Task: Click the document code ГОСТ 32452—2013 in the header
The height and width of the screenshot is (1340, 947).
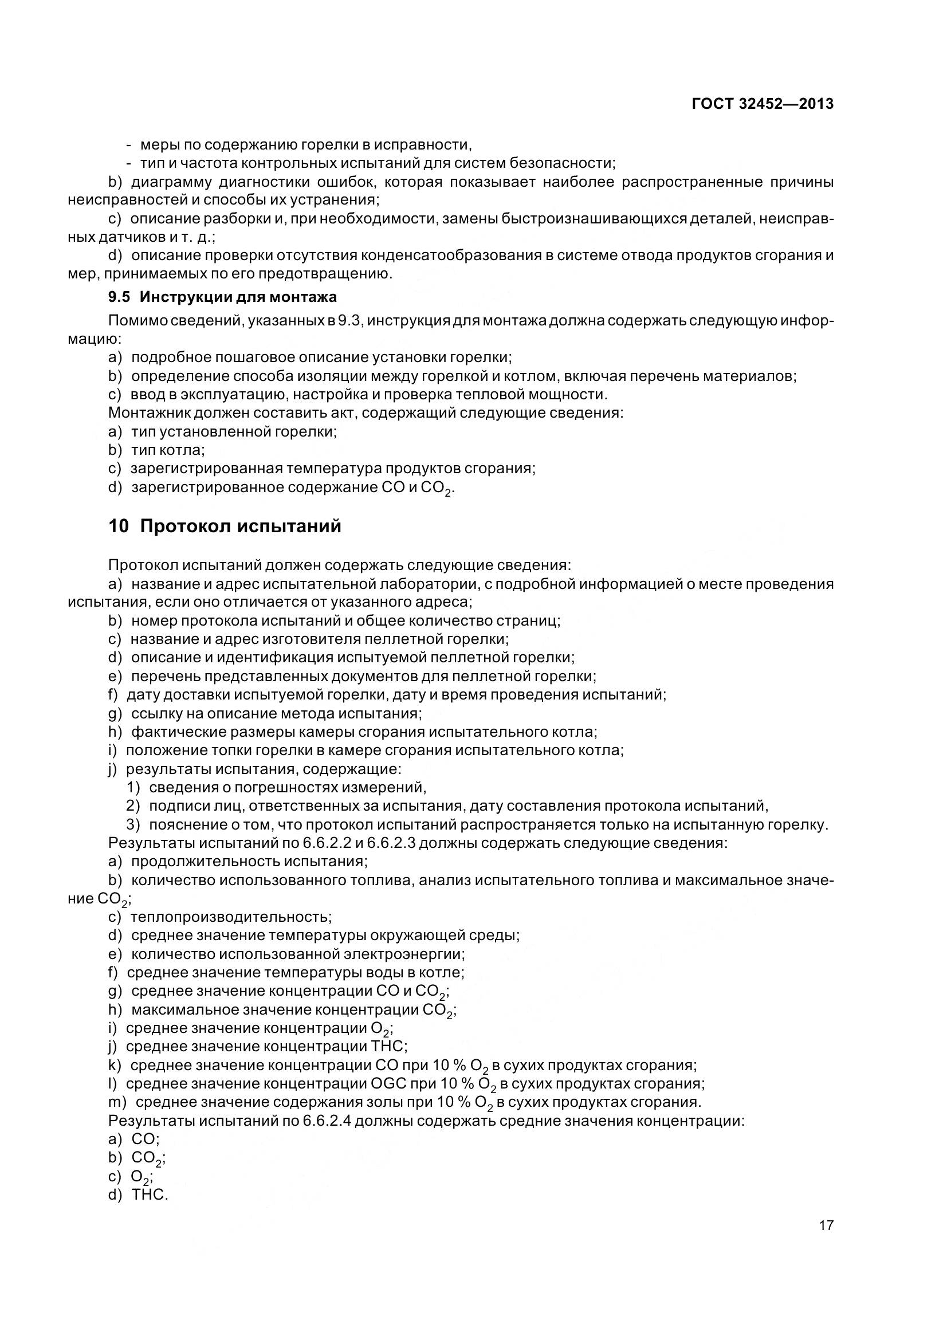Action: (762, 104)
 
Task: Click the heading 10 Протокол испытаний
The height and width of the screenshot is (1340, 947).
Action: (225, 526)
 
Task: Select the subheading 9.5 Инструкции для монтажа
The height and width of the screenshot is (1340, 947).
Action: (222, 297)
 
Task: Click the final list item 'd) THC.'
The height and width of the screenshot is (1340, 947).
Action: (138, 1194)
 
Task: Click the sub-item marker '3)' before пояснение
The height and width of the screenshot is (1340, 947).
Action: (133, 824)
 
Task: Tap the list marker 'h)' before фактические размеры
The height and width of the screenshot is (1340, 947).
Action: (115, 731)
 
